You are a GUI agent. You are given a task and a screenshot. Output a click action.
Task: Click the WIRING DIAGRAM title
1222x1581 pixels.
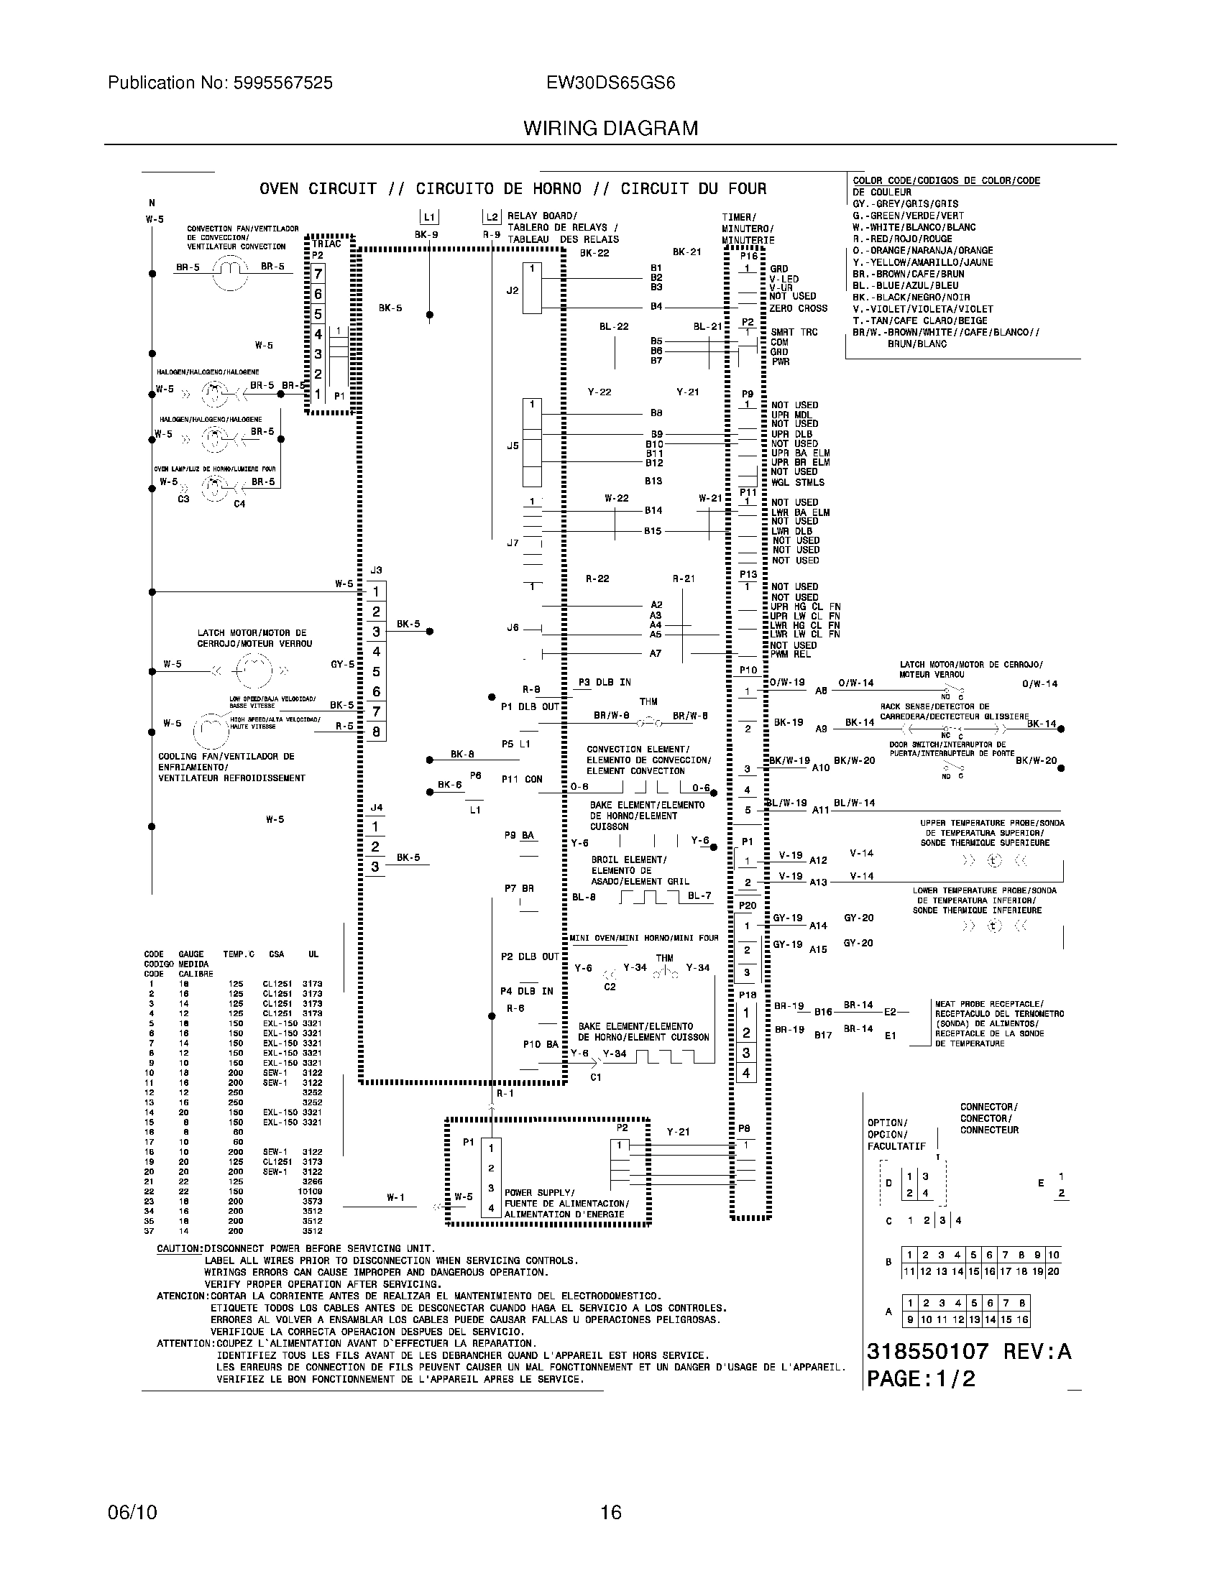point(610,129)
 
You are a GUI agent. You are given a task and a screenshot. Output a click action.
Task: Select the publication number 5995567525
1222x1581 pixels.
point(282,83)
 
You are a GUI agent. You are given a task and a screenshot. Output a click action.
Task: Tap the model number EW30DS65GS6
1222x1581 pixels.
point(610,83)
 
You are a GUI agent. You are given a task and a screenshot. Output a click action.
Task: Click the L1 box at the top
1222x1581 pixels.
point(429,217)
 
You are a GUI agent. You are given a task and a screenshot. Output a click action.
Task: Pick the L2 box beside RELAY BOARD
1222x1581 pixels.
point(492,217)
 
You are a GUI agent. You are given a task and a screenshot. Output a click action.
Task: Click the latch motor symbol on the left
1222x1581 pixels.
point(251,670)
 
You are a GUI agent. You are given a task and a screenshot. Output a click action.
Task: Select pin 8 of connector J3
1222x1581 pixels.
point(376,732)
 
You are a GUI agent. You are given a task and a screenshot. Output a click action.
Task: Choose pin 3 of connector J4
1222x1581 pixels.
point(375,867)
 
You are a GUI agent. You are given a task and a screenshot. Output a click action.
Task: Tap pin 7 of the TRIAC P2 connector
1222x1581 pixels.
point(318,274)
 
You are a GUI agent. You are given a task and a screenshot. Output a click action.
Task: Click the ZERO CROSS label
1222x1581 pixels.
point(798,308)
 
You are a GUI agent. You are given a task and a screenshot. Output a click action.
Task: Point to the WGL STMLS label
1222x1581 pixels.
point(797,482)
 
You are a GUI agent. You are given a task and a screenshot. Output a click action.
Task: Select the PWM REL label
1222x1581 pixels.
point(791,655)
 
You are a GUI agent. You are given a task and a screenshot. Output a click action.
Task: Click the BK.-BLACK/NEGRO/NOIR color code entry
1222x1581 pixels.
point(911,298)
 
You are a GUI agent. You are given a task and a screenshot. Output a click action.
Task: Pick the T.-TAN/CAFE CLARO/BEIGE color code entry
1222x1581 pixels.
point(919,321)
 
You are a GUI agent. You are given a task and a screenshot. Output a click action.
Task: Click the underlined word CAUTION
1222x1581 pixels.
point(180,1249)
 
